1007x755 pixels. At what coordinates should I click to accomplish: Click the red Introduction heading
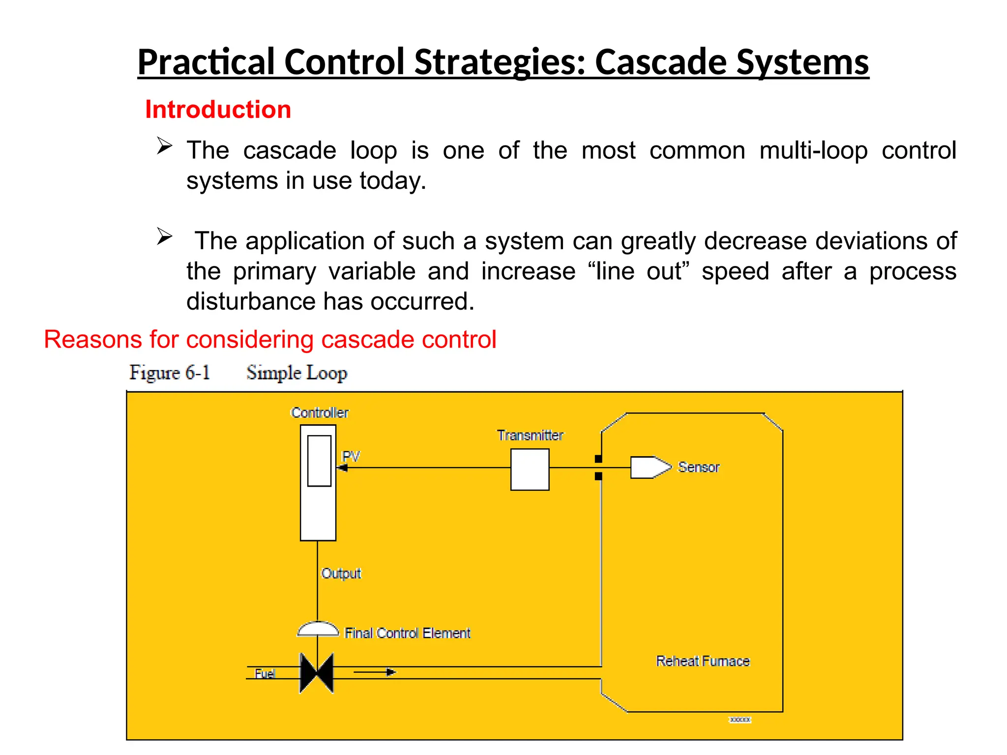[218, 109]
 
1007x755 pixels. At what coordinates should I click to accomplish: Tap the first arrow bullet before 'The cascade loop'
[164, 146]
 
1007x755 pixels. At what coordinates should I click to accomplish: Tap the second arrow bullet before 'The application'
[164, 236]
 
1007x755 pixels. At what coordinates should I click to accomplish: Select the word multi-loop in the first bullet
[813, 150]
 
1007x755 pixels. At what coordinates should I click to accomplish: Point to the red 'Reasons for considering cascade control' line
[270, 340]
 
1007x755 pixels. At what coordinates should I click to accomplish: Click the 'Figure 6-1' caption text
[170, 373]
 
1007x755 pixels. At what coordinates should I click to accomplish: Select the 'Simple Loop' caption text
[296, 373]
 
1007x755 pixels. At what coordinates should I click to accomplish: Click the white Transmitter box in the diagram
[530, 469]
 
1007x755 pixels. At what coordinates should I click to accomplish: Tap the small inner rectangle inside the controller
[319, 461]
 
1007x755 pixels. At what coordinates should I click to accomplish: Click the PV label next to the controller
[351, 456]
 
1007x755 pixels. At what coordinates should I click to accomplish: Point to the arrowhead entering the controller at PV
[343, 468]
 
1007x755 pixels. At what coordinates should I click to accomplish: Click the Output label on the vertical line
[341, 573]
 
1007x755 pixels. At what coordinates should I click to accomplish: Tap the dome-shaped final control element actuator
[318, 629]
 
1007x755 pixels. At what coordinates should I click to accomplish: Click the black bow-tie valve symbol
[317, 673]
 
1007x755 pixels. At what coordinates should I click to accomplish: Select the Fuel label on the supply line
[264, 673]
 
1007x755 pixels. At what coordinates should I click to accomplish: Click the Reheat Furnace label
[703, 661]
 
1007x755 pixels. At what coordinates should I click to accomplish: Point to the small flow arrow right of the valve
[390, 672]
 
